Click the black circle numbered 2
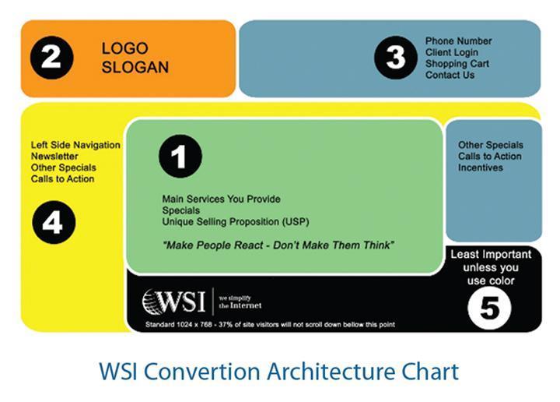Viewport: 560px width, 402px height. pyautogui.click(x=52, y=58)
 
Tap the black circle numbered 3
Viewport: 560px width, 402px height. pyautogui.click(x=396, y=58)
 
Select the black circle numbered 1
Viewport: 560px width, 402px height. pyautogui.click(x=180, y=157)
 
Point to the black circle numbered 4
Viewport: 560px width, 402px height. pyautogui.click(x=54, y=223)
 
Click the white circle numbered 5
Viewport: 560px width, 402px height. pyautogui.click(x=490, y=308)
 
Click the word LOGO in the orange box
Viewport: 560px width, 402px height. pyautogui.click(x=124, y=48)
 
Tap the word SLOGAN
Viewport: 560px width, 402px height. pyautogui.click(x=135, y=67)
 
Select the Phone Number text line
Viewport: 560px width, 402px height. pyautogui.click(x=458, y=41)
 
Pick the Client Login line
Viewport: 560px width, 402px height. pyautogui.click(x=451, y=52)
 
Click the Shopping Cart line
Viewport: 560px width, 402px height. pyautogui.click(x=457, y=64)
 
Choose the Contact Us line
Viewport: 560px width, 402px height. pyautogui.click(x=450, y=75)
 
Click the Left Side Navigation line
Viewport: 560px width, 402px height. pyautogui.click(x=75, y=145)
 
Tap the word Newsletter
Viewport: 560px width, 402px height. pyautogui.click(x=54, y=157)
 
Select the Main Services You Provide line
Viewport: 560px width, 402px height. pyautogui.click(x=221, y=199)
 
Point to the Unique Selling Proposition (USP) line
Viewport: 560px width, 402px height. pyautogui.click(x=236, y=222)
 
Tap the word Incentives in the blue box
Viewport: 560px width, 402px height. pyautogui.click(x=481, y=167)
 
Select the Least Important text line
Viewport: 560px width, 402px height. pyautogui.click(x=491, y=254)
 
